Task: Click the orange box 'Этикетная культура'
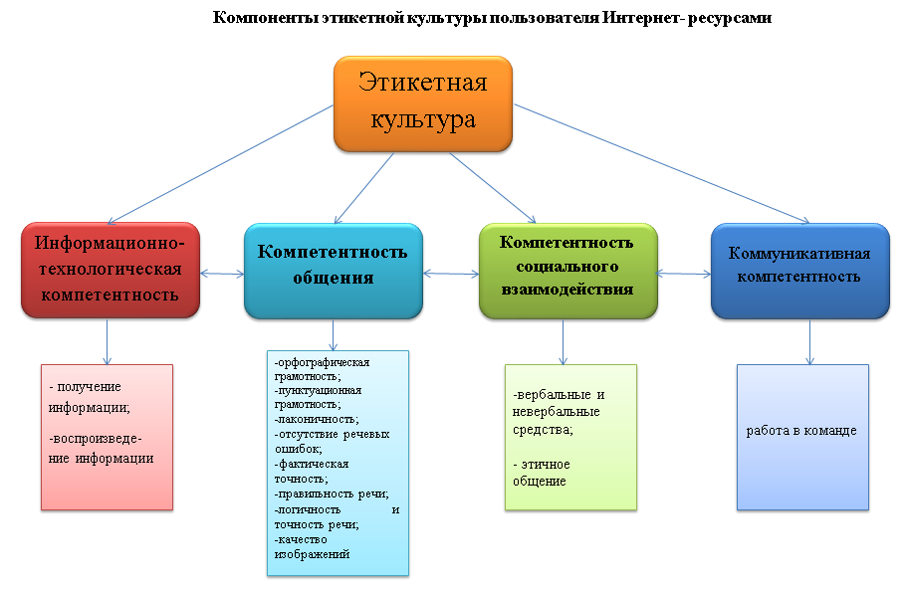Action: [x=423, y=104]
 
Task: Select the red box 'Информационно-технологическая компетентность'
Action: [x=111, y=270]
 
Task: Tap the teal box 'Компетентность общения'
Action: [x=334, y=271]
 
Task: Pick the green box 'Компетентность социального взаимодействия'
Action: [x=568, y=271]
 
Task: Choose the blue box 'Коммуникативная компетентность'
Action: [x=800, y=271]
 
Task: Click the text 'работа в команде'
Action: [x=801, y=431]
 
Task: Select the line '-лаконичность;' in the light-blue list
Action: [x=317, y=419]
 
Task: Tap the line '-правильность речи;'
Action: [x=332, y=494]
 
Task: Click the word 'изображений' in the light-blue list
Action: [x=312, y=554]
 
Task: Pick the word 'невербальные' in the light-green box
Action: [x=556, y=412]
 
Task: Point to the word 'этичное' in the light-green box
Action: [x=546, y=465]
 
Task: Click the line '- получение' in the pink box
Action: [x=85, y=387]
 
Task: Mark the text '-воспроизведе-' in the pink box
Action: [x=96, y=439]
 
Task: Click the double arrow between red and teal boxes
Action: [x=222, y=274]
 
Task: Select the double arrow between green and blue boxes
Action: [x=684, y=274]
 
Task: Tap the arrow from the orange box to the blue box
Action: [x=661, y=163]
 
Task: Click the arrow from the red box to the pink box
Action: [x=107, y=341]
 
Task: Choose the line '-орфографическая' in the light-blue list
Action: [x=322, y=362]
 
